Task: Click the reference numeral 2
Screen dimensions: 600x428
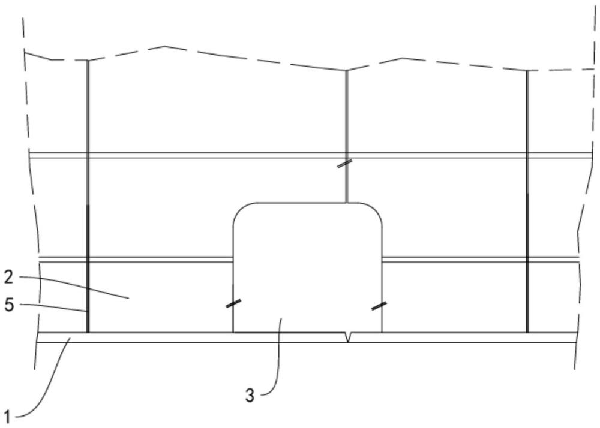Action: [x=9, y=277]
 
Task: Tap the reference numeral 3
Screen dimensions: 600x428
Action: [x=250, y=396]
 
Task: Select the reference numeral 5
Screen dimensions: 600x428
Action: [x=9, y=305]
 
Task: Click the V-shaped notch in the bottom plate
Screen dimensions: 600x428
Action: [x=348, y=337]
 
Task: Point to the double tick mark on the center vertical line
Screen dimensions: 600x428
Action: [x=346, y=164]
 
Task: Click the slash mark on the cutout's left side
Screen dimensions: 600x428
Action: [x=233, y=303]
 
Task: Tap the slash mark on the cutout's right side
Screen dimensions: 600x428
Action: [x=379, y=306]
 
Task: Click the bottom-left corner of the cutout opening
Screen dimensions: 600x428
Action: [x=233, y=333]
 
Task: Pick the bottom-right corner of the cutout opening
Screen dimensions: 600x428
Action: [x=382, y=333]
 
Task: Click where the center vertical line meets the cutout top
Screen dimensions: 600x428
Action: [x=347, y=203]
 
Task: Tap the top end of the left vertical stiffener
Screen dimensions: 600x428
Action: [x=88, y=61]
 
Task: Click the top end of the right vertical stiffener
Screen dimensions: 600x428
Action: [x=527, y=71]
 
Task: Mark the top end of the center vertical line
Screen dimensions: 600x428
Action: [x=347, y=71]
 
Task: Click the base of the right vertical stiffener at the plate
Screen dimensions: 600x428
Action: [x=527, y=333]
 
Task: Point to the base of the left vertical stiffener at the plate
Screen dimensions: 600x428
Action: [x=88, y=333]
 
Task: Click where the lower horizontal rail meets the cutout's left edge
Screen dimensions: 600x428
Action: [x=233, y=260]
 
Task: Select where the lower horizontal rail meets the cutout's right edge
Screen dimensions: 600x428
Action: [x=382, y=260]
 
